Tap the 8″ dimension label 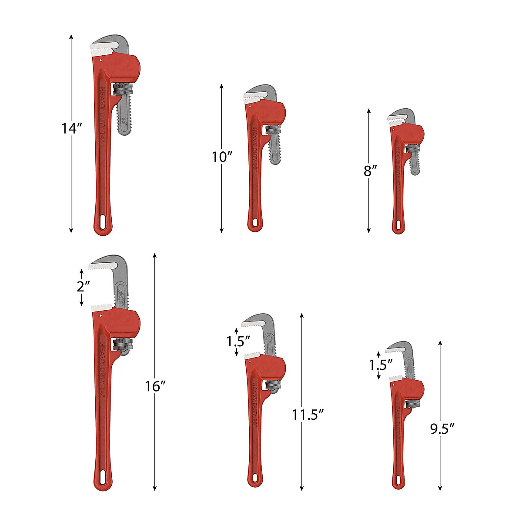(x=370, y=171)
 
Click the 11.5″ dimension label (x=308, y=415)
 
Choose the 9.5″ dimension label (x=442, y=429)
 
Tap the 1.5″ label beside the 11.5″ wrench (x=238, y=341)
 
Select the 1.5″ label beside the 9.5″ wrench (x=381, y=364)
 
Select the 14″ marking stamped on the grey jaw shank (x=125, y=122)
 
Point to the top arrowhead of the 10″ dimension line (x=221, y=86)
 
